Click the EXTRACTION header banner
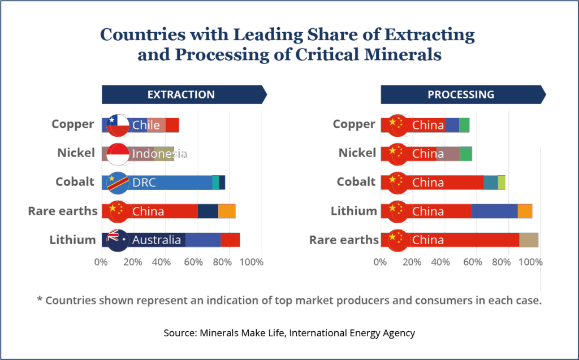181,95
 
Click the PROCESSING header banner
461,95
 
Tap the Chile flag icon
118,125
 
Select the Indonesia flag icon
118,154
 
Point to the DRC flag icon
118,183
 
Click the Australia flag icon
118,240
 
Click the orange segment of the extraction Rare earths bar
227,211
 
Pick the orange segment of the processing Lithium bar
525,211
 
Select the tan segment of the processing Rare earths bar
529,240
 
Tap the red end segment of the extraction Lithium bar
230,240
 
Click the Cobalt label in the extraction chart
75,182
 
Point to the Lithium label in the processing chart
354,211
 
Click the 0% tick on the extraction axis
100,262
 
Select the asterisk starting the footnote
40,299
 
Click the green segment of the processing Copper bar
464,125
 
